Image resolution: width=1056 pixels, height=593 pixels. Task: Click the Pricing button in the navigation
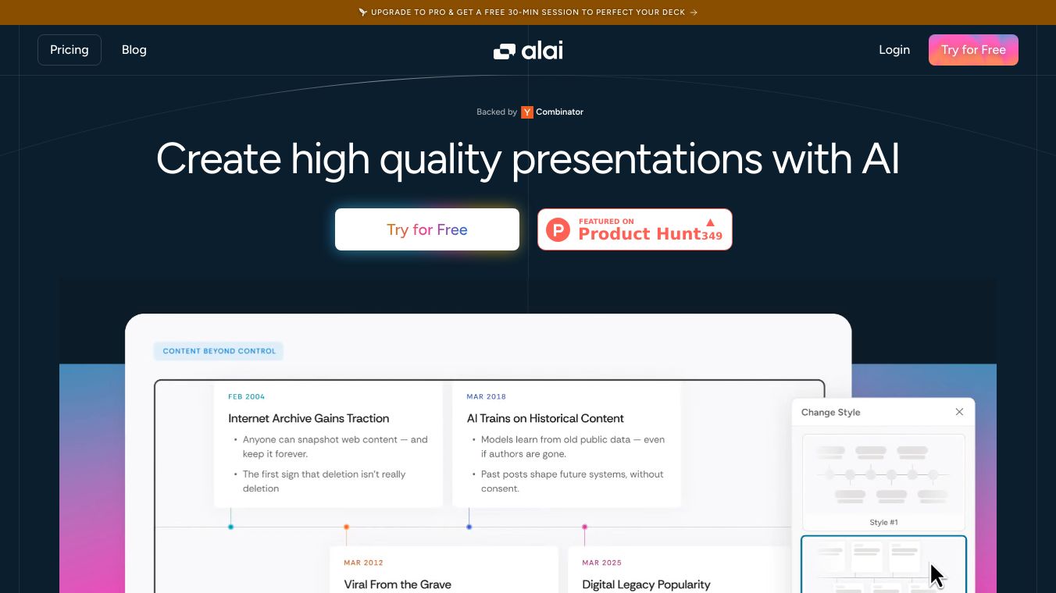point(70,50)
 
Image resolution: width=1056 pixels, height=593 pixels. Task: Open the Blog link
point(134,50)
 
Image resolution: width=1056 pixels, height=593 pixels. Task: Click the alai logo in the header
point(528,50)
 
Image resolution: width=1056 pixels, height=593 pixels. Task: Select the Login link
point(894,50)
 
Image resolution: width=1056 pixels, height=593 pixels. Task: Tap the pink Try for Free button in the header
point(973,50)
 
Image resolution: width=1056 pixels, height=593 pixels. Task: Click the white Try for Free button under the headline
point(427,229)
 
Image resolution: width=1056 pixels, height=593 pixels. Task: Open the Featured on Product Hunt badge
point(634,229)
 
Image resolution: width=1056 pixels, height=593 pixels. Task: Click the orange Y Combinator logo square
point(527,112)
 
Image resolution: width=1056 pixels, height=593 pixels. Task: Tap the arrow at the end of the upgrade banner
point(694,12)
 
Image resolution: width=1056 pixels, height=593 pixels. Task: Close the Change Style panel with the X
point(959,412)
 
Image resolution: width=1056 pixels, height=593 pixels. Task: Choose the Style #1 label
point(883,522)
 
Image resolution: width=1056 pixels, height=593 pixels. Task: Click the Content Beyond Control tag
point(219,351)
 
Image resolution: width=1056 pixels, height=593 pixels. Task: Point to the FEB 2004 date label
point(247,397)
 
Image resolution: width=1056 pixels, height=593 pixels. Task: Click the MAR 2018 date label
point(486,397)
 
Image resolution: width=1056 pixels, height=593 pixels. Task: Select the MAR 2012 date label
point(363,563)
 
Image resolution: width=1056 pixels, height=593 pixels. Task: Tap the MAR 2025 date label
point(601,563)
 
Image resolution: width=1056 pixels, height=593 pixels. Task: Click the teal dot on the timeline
point(230,527)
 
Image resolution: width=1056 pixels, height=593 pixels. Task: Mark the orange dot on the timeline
point(347,527)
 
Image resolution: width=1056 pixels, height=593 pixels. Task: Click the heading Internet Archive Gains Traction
point(309,418)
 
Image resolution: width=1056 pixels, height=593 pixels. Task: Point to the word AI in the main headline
point(880,159)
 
